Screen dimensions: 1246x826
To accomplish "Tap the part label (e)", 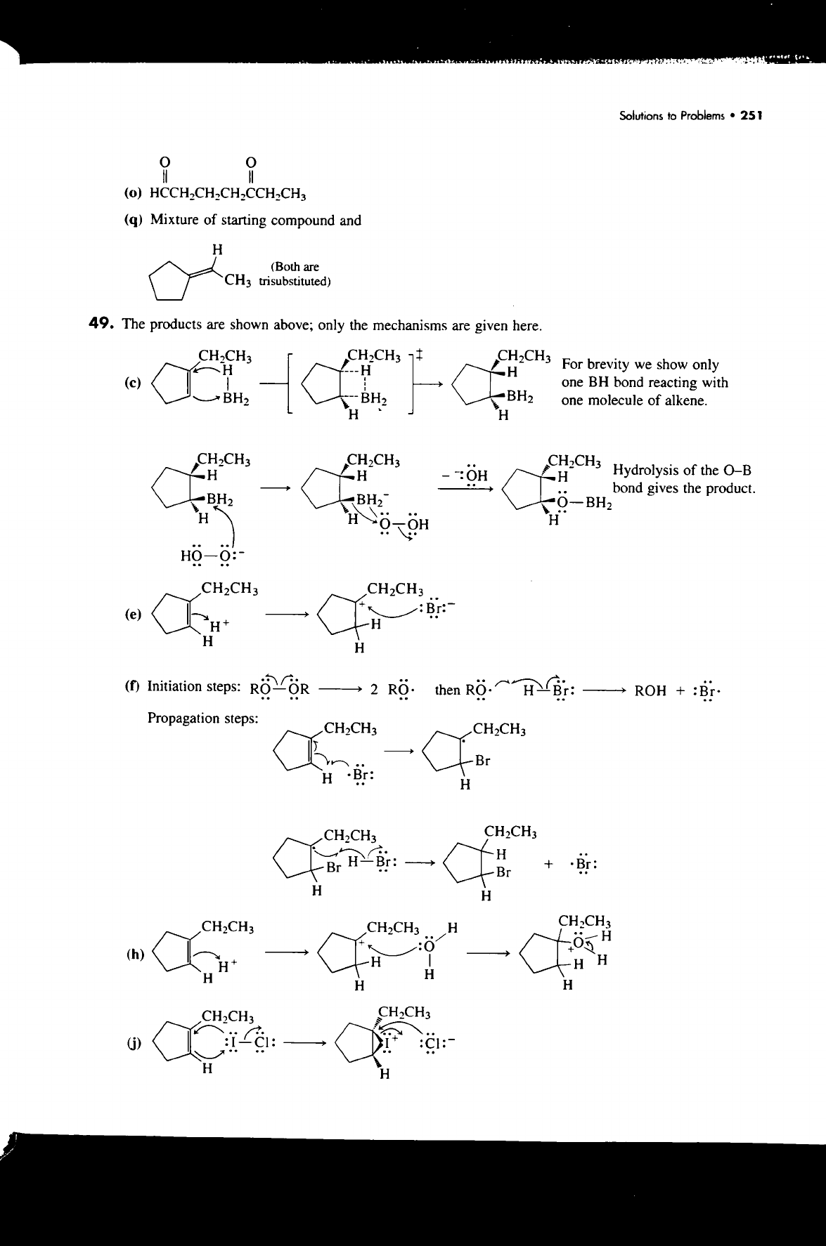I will (x=133, y=614).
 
